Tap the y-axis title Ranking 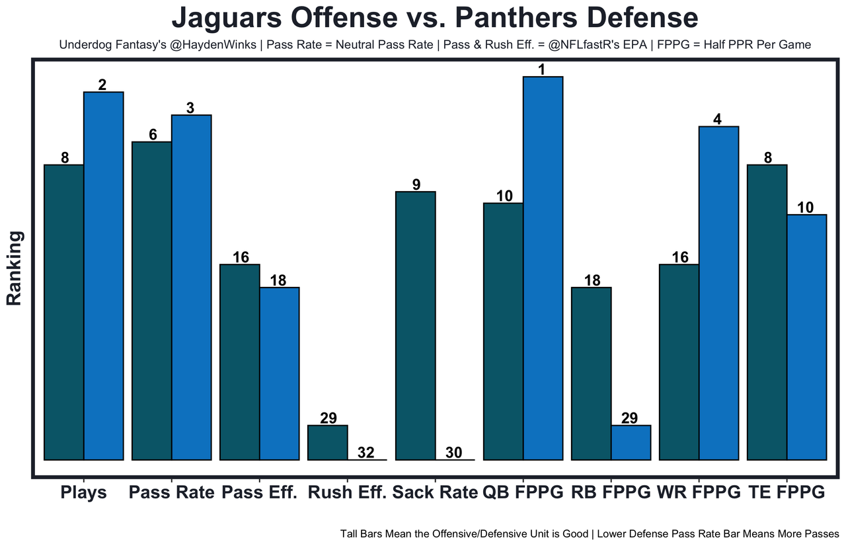click(15, 268)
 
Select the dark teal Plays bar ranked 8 click(64, 311)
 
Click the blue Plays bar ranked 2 click(104, 275)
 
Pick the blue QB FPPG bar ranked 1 click(543, 268)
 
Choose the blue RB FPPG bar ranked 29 click(631, 442)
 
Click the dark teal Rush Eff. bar click(328, 442)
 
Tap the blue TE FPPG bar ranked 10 click(806, 336)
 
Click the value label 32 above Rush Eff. click(366, 453)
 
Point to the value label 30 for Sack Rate click(454, 453)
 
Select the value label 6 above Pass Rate click(153, 134)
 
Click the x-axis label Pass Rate click(172, 493)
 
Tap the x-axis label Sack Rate click(434, 493)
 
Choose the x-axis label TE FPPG click(787, 493)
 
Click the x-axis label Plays click(83, 493)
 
